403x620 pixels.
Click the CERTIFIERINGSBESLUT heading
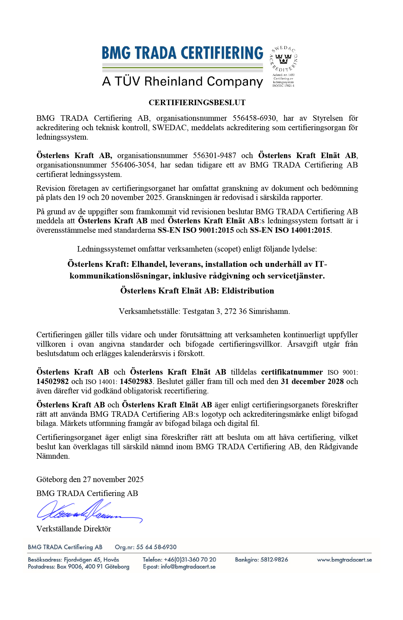point(197,103)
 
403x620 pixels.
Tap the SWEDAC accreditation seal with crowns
point(283,59)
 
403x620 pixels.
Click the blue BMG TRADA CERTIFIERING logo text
point(182,53)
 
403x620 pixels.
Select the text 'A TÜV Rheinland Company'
point(182,81)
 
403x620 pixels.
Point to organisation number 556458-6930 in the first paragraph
point(255,118)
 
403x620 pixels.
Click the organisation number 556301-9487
point(214,155)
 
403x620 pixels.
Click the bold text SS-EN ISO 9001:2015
point(196,230)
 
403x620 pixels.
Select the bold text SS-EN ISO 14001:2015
point(290,230)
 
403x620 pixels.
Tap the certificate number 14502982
point(52,381)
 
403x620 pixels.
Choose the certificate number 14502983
point(136,381)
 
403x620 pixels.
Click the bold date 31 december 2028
point(312,381)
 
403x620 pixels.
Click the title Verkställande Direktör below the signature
point(73,529)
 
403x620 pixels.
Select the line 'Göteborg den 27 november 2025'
point(90,479)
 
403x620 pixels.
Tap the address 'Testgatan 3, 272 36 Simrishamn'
point(236,311)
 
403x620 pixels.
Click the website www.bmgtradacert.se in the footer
point(344,560)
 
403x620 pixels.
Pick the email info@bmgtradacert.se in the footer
point(188,567)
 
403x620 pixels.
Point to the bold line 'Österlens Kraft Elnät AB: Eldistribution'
point(197,291)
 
